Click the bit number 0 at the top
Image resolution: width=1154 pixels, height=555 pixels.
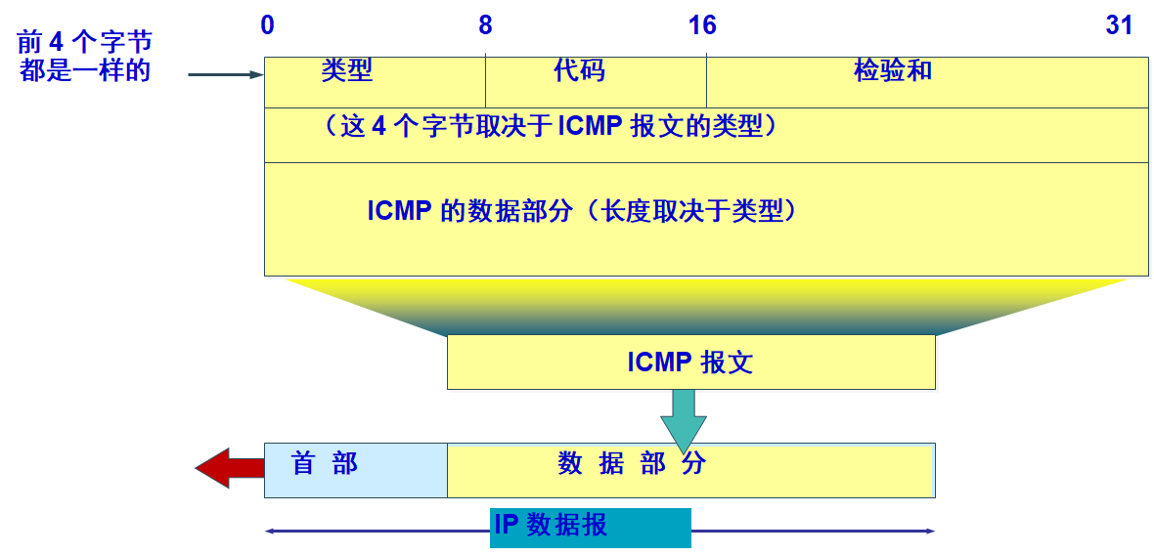pos(267,25)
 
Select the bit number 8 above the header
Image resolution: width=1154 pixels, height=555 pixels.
pos(485,25)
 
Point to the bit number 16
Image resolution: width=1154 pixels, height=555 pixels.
pos(702,25)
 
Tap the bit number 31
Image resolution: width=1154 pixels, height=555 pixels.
pos(1119,25)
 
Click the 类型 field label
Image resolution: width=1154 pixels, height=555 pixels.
pos(347,70)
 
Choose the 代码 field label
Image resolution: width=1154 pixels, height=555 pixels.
pos(579,70)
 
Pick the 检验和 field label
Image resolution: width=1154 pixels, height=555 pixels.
pos(893,70)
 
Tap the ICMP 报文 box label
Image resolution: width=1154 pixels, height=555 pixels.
pos(690,363)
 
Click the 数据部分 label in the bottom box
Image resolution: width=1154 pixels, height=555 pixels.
pos(632,463)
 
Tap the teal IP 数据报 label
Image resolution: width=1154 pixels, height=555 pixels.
pos(590,527)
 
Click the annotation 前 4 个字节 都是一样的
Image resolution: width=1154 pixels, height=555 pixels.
pos(85,57)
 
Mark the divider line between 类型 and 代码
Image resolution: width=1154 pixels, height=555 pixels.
pos(486,82)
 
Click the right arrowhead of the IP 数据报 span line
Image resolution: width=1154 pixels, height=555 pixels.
pos(930,531)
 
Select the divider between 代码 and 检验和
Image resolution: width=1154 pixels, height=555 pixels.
pos(707,82)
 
